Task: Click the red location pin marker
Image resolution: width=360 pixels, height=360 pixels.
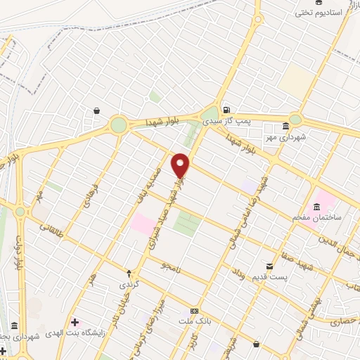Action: pos(181,165)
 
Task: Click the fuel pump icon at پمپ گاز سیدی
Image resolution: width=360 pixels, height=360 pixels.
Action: pos(226,110)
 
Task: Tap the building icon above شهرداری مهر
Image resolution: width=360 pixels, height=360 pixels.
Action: pos(285,127)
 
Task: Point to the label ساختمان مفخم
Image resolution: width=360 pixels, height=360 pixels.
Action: pos(319,218)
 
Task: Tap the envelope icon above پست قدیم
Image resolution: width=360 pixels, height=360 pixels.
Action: pos(269,266)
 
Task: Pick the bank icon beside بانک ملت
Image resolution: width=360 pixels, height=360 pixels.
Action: pos(195,311)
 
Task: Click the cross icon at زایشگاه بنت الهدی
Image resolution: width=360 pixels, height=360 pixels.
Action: pos(75,322)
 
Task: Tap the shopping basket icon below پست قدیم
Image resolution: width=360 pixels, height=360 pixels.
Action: pos(256,345)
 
